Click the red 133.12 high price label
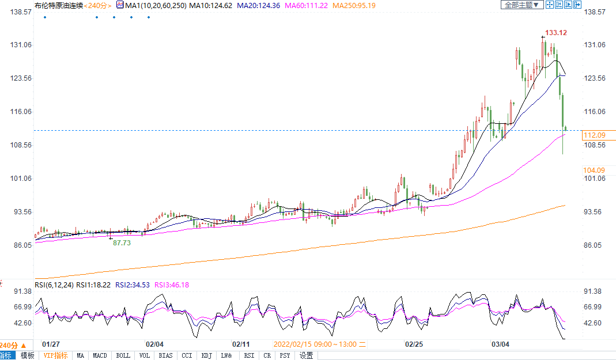pos(555,33)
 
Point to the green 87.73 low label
pos(122,243)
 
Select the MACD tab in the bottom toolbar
pos(100,355)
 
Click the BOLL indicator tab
pos(123,355)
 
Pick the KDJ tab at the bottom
pos(206,355)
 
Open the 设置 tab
pos(306,355)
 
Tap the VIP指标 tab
pos(55,355)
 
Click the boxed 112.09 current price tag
pos(594,135)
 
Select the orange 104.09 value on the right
pos(594,170)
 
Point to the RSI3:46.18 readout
pos(171,285)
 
